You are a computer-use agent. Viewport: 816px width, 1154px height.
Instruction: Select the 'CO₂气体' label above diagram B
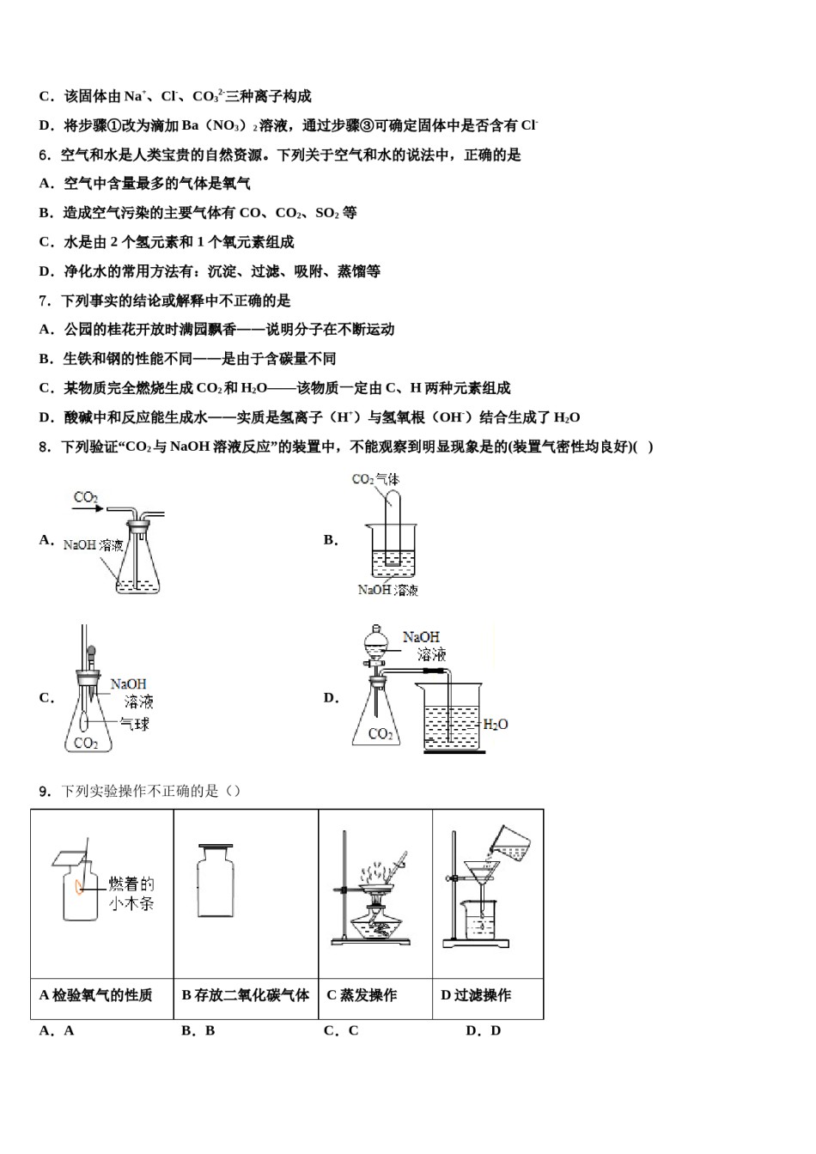[x=375, y=479]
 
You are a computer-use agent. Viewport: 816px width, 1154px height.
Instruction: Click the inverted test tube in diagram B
[x=392, y=524]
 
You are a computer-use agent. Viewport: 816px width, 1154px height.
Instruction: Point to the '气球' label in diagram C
[x=135, y=724]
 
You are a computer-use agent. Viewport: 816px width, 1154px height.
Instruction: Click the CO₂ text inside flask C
[x=86, y=743]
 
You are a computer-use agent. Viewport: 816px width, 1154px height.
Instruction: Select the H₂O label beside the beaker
[x=496, y=725]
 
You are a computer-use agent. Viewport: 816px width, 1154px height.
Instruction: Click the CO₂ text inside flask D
[x=380, y=733]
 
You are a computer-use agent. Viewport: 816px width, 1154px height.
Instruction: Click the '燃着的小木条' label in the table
[x=131, y=893]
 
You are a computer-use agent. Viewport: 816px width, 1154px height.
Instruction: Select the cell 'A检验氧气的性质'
[x=96, y=995]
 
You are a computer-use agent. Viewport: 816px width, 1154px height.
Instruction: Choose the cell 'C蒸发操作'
[x=362, y=995]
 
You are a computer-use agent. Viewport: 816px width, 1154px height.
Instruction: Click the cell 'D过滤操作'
[x=476, y=995]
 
